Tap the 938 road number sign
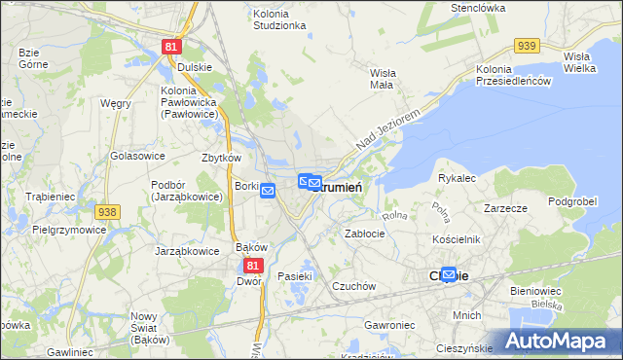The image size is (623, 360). click(x=108, y=212)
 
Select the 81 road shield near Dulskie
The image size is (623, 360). click(x=172, y=46)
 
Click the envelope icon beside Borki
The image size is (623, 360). click(x=269, y=192)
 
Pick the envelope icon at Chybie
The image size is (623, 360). click(x=449, y=275)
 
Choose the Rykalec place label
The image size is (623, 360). click(x=457, y=179)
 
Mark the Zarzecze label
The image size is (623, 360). click(x=505, y=208)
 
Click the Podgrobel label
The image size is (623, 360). click(x=571, y=201)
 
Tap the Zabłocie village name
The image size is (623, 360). click(x=365, y=234)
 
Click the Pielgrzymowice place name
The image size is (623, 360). click(x=69, y=231)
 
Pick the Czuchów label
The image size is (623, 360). click(x=353, y=286)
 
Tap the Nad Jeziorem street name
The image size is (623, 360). click(x=386, y=129)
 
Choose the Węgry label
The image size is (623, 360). click(x=115, y=103)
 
